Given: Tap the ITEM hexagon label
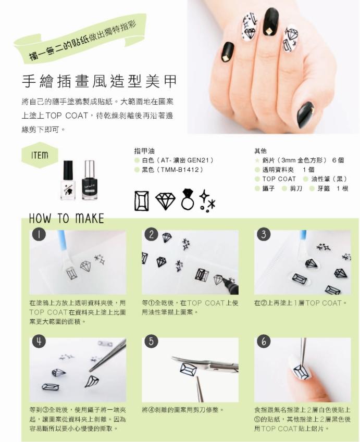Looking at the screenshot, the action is point(40,155).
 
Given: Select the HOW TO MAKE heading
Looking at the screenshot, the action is point(67,219).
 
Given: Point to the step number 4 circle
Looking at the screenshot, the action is point(39,342).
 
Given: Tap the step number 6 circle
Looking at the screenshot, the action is point(264,342).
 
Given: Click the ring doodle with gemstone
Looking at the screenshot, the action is point(188,199).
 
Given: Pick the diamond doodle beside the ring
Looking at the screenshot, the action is point(165,200).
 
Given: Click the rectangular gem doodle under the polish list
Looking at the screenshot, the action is point(141,200).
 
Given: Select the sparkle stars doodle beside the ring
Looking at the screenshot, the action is point(207,201).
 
